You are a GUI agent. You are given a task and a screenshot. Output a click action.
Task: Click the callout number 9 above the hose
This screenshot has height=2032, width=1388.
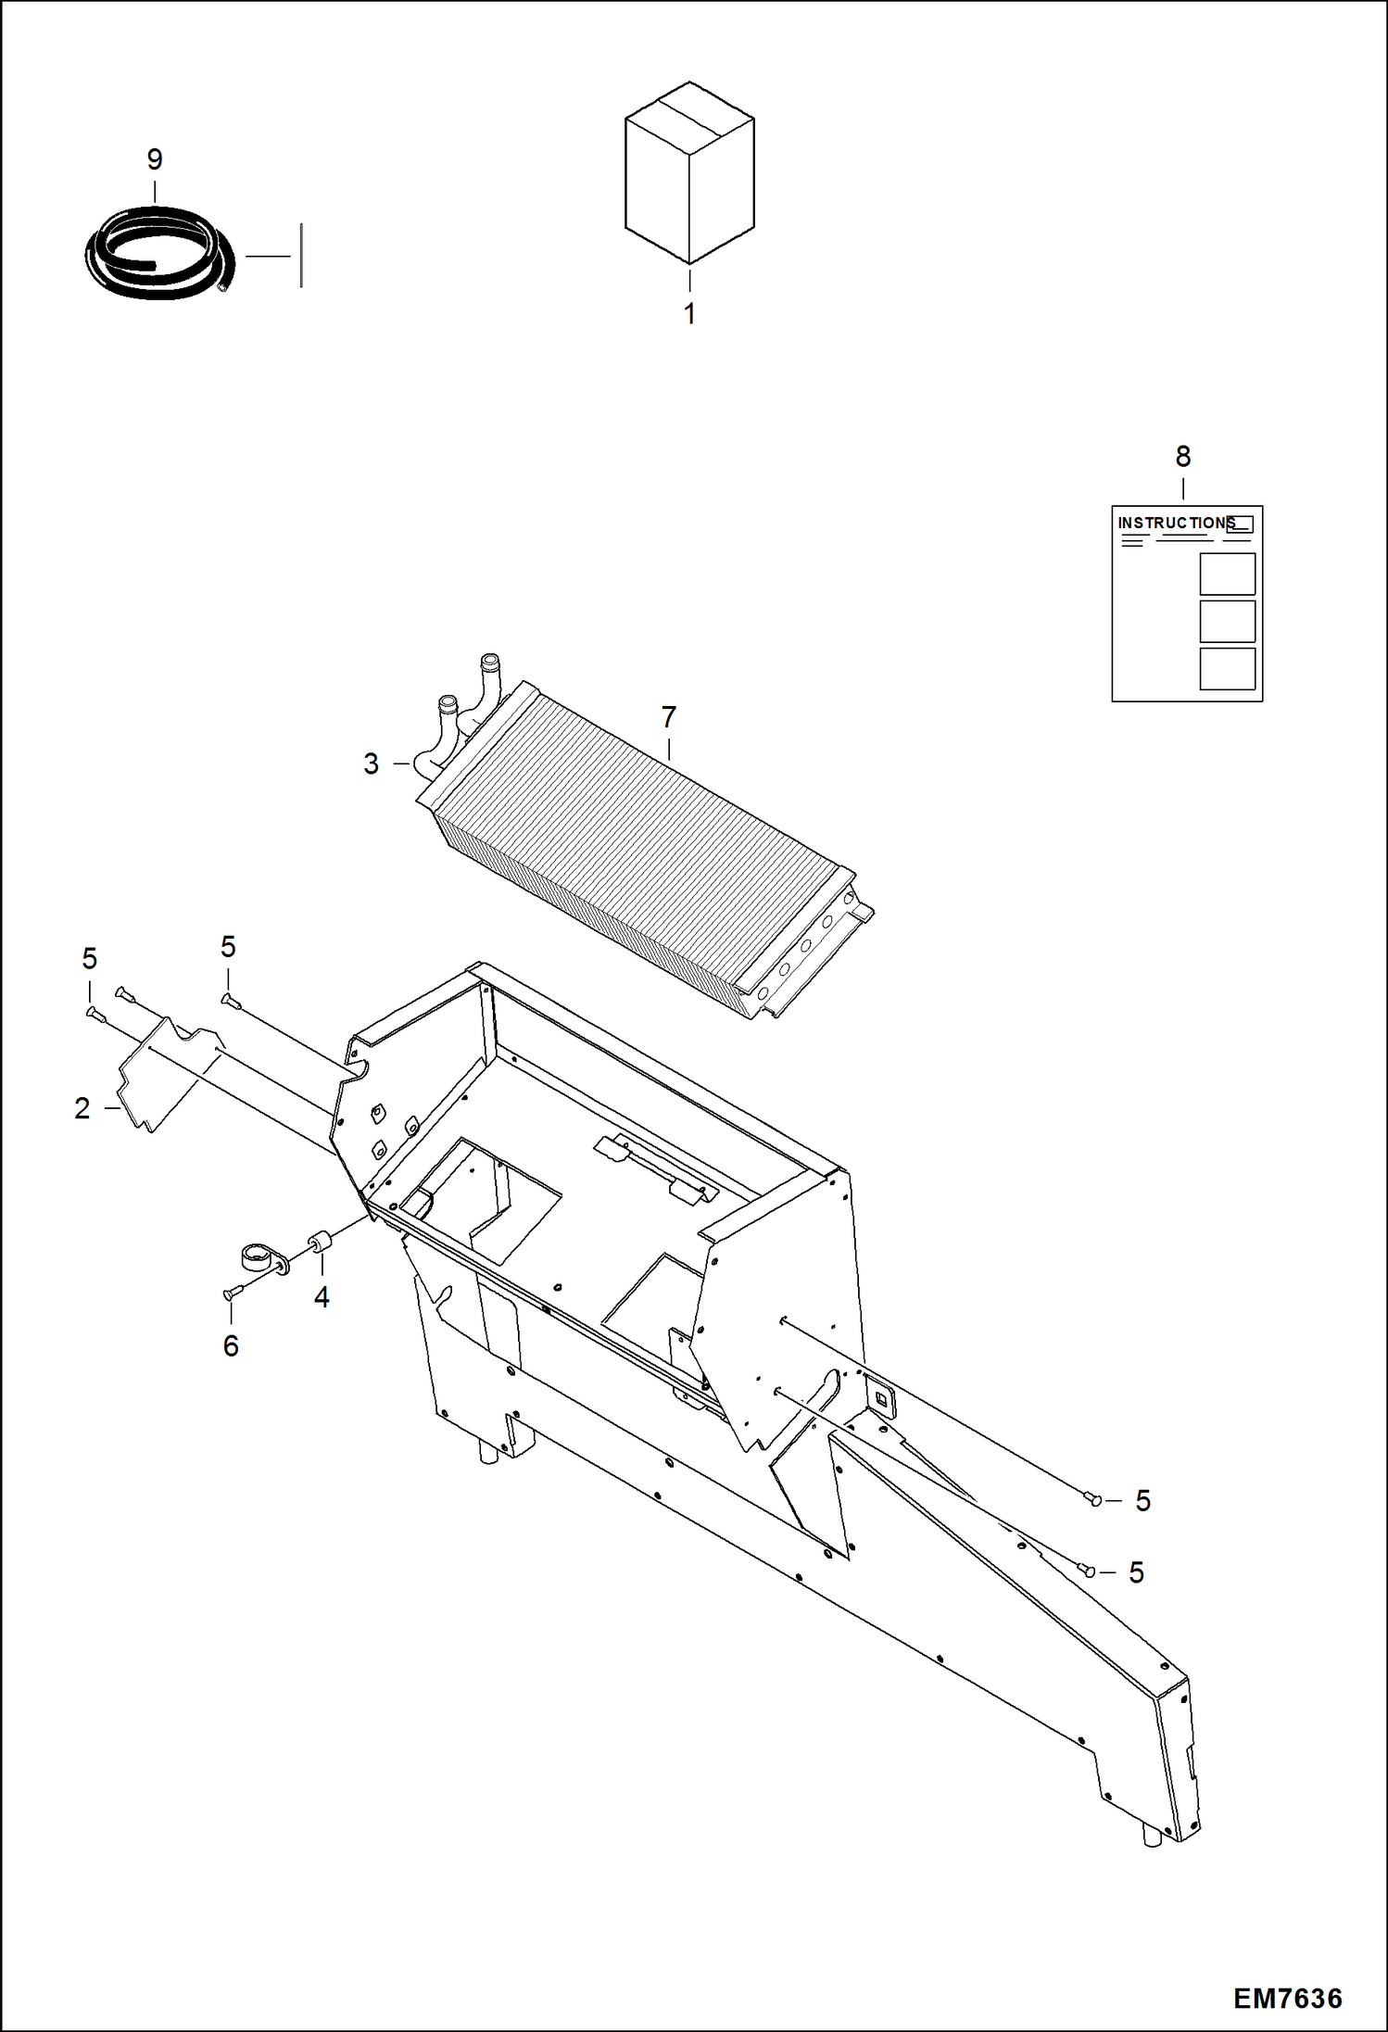[155, 159]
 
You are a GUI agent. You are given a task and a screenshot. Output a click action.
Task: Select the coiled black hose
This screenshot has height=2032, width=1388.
[158, 255]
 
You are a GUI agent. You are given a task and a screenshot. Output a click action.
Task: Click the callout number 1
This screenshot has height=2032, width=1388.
[689, 314]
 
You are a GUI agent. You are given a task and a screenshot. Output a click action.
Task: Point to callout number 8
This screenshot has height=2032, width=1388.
[1183, 456]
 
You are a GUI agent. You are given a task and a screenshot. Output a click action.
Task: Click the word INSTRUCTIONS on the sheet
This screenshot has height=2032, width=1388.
[1175, 523]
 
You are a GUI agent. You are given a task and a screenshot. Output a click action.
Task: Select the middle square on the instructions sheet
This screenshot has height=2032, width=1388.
[1227, 621]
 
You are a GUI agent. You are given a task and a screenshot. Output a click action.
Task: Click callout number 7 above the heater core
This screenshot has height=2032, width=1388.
[669, 716]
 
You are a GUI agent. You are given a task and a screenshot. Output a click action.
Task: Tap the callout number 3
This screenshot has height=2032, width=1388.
[371, 764]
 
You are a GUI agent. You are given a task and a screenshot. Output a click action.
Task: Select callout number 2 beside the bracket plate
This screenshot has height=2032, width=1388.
[82, 1108]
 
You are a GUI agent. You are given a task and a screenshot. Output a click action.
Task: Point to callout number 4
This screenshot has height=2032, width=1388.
[322, 1297]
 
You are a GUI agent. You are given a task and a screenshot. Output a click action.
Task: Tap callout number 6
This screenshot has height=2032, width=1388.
[231, 1345]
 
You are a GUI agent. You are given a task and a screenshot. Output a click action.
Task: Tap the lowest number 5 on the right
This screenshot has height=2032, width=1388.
[1137, 1572]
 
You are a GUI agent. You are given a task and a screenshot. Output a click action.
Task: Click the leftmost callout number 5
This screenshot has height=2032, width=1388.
[89, 958]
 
